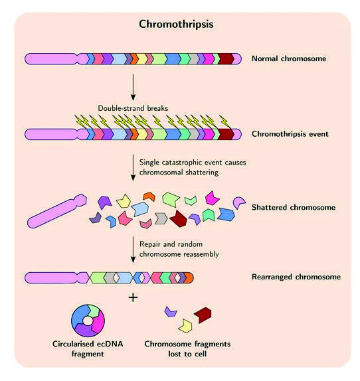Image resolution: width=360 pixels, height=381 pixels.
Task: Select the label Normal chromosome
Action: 289,59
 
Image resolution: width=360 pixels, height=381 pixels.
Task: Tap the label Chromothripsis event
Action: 290,134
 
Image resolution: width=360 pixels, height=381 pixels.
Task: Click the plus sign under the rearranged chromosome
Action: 134,297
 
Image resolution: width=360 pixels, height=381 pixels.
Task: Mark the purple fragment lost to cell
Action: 171,311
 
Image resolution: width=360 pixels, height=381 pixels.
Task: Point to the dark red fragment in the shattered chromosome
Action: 178,216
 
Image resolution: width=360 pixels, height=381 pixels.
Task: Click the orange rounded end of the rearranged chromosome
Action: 189,277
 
